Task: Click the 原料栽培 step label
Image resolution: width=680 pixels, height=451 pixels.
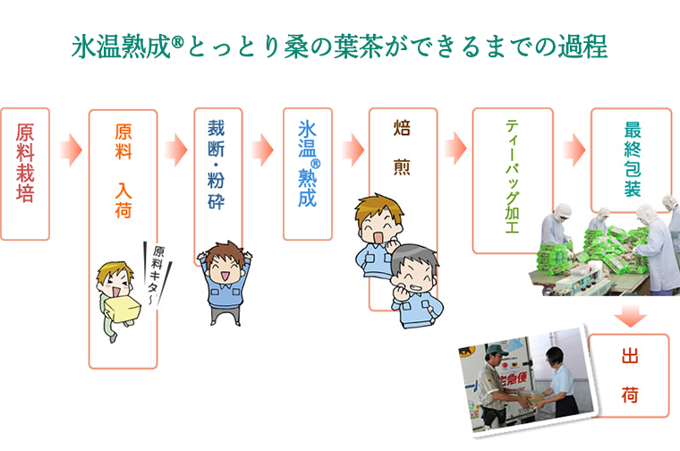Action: click(x=25, y=163)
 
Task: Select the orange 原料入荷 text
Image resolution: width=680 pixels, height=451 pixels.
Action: click(x=123, y=171)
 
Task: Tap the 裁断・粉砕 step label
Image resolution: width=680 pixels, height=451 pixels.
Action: click(x=216, y=165)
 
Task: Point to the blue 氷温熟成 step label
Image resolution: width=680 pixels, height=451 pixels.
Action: click(x=308, y=164)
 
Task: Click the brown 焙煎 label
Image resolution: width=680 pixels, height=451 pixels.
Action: click(x=402, y=148)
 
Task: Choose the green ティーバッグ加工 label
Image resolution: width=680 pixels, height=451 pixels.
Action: click(x=512, y=176)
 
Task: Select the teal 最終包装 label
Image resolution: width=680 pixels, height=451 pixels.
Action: click(x=633, y=159)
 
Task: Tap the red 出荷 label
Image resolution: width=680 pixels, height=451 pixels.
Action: click(x=630, y=376)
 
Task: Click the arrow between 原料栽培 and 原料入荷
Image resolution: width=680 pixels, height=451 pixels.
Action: click(x=71, y=150)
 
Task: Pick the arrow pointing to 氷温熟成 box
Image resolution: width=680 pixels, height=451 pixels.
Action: click(x=262, y=150)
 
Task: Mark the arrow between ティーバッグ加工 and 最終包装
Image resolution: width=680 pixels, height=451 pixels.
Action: click(x=574, y=150)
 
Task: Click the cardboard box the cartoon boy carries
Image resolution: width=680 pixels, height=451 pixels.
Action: click(x=123, y=308)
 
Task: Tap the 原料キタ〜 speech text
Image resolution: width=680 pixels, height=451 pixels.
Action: click(x=155, y=274)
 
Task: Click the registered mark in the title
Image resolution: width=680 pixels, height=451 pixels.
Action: click(x=178, y=42)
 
